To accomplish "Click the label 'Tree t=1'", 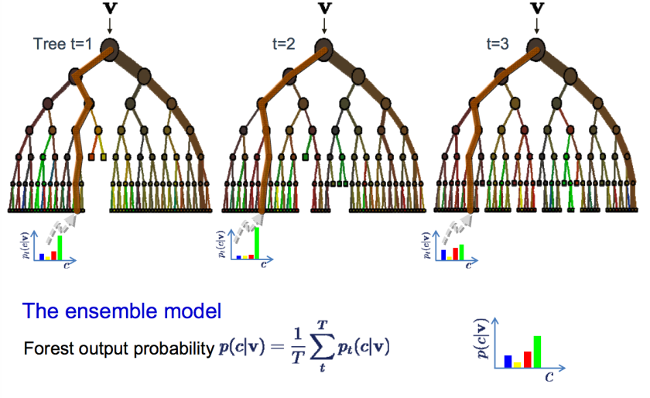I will (x=63, y=44).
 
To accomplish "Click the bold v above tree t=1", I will (x=111, y=10).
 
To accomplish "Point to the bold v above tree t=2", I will (x=324, y=10).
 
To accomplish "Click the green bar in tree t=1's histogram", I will (x=60, y=247).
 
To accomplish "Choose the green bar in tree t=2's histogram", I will (x=257, y=242).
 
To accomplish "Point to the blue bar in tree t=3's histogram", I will (x=443, y=253).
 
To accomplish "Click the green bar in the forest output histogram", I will (x=537, y=350).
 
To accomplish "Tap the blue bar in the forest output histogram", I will (x=508, y=360).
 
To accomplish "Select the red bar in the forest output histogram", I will (x=528, y=358).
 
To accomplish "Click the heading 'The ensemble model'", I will (x=121, y=311).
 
